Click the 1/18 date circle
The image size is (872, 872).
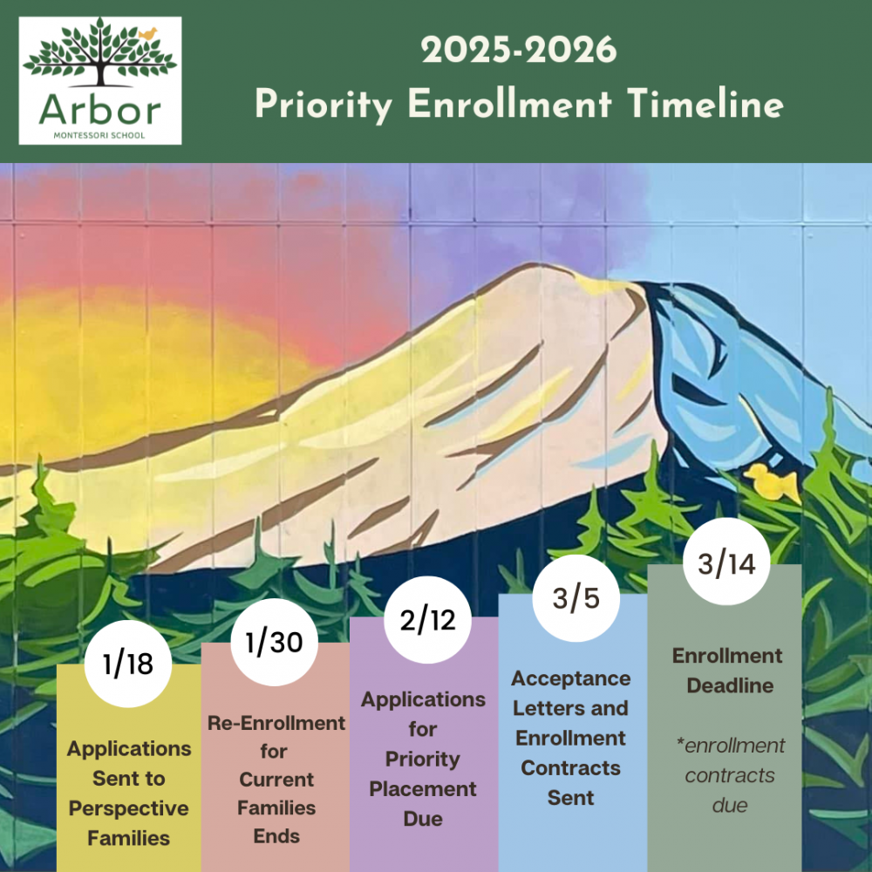click(128, 664)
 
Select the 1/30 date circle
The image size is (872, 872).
click(274, 642)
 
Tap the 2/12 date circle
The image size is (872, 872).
click(427, 619)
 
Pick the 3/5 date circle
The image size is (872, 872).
click(576, 598)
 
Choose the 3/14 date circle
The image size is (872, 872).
click(727, 562)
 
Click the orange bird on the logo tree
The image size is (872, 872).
click(148, 35)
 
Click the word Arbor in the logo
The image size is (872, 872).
click(100, 110)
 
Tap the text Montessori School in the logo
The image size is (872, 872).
click(99, 135)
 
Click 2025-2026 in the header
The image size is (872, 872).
click(519, 50)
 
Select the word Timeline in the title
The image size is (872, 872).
click(705, 104)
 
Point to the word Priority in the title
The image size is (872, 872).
click(324, 106)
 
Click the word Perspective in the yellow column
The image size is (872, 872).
click(128, 808)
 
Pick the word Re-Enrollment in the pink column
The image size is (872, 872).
click(276, 723)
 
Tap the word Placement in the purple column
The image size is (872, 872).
click(423, 788)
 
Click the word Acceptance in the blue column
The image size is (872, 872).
click(570, 679)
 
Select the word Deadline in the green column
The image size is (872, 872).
click(730, 685)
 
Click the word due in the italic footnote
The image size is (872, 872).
click(730, 805)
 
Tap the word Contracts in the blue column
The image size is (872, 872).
click(570, 768)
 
